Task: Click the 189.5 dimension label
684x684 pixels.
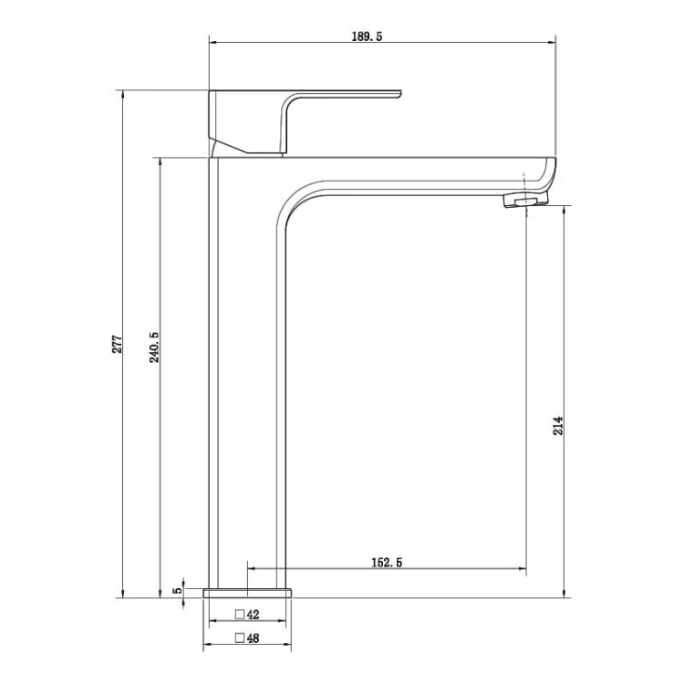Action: coord(367,36)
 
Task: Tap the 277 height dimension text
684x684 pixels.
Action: coord(118,344)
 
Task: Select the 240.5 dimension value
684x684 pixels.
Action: coord(154,347)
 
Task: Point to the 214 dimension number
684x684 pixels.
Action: coord(558,426)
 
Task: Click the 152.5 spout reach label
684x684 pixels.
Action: coord(387,563)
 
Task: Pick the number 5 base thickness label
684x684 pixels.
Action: coord(178,590)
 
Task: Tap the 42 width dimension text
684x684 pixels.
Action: coord(253,615)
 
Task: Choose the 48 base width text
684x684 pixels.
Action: coord(253,638)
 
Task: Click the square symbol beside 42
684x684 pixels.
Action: coord(240,615)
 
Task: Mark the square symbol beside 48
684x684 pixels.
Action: coord(240,638)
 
